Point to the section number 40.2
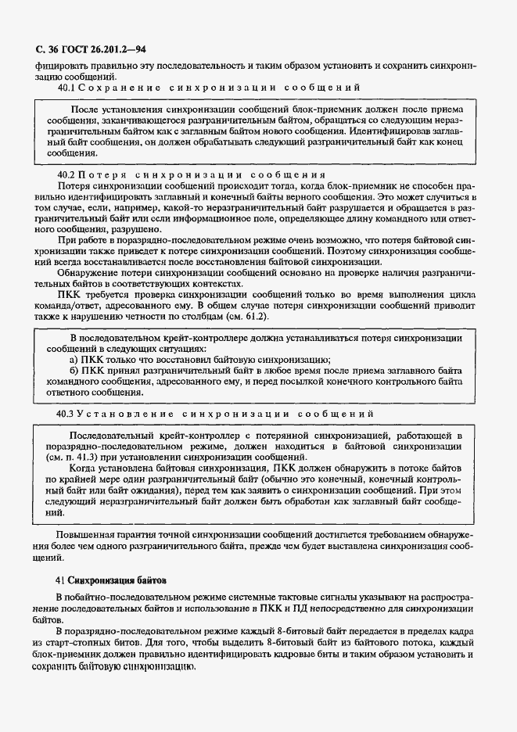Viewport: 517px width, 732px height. (x=69, y=173)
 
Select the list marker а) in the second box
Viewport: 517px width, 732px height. (x=74, y=359)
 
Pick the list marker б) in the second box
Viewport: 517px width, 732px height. (x=74, y=370)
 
